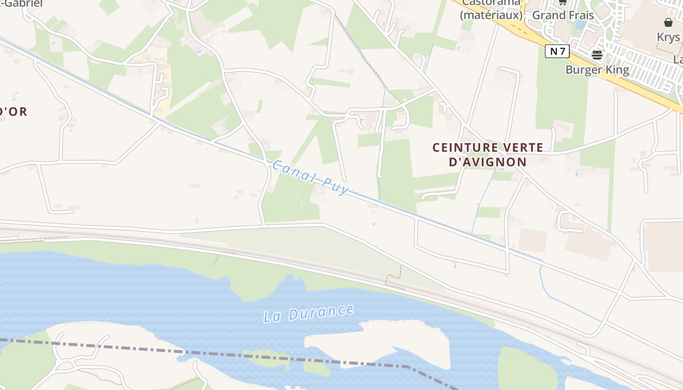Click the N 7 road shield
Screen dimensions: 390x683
click(557, 51)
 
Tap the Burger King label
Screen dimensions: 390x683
click(597, 70)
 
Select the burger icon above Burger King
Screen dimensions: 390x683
click(597, 55)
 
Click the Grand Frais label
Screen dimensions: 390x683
click(563, 15)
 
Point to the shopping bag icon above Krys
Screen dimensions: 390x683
click(668, 22)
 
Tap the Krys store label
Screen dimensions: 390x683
click(668, 37)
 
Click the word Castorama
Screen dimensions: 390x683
click(491, 2)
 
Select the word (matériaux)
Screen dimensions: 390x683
click(491, 15)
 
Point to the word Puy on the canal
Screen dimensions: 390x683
click(335, 185)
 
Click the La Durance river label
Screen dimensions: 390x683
click(308, 313)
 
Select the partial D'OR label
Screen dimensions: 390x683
click(13, 112)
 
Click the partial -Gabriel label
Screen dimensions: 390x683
click(21, 3)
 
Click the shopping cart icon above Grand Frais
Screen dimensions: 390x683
click(562, 2)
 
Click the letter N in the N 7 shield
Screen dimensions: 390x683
click(553, 51)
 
